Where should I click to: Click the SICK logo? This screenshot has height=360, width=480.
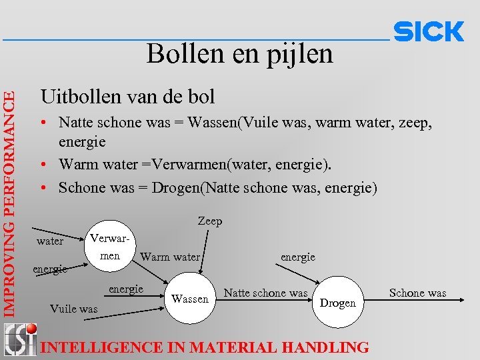pyautogui.click(x=429, y=31)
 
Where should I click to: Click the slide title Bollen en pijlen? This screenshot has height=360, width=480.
pyautogui.click(x=239, y=53)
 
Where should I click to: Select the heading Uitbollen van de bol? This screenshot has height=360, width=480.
pyautogui.click(x=127, y=97)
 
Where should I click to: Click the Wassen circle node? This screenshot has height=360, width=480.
pyautogui.click(x=190, y=299)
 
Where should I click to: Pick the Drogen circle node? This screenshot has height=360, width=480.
pyautogui.click(x=338, y=303)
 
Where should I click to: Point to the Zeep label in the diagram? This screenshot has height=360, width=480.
pyautogui.click(x=210, y=221)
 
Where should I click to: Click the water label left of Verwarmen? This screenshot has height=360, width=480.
pyautogui.click(x=50, y=241)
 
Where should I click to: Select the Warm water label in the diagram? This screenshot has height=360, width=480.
pyautogui.click(x=170, y=257)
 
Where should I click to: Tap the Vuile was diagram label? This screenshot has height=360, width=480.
pyautogui.click(x=73, y=309)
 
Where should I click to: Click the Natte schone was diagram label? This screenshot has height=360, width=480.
pyautogui.click(x=265, y=293)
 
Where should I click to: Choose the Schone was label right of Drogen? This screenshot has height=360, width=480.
pyautogui.click(x=417, y=293)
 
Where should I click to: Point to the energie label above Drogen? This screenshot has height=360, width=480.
pyautogui.click(x=298, y=257)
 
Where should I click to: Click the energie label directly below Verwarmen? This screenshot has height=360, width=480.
pyautogui.click(x=126, y=289)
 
